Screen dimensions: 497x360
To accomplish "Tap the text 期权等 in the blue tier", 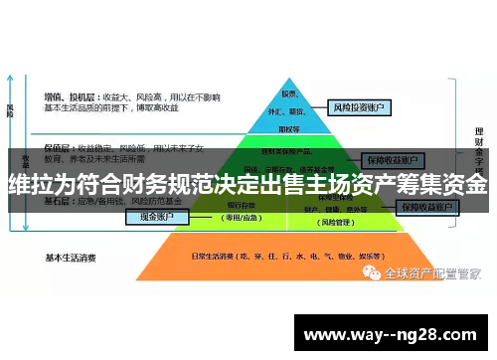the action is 289,127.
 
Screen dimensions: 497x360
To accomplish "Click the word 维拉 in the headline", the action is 32,185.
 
